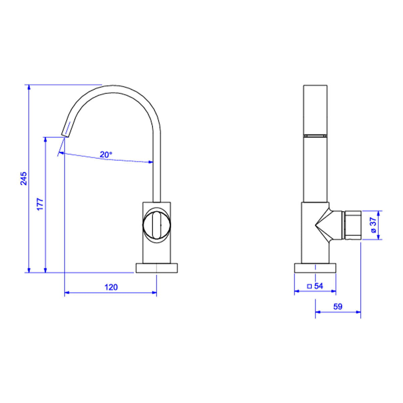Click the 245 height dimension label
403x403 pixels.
24,178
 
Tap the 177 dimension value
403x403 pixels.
40,204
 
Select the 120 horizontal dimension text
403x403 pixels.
111,287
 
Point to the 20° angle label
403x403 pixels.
106,154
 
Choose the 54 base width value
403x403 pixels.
319,286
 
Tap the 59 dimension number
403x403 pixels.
338,306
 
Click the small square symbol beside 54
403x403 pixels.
310,286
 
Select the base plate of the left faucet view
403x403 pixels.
156,268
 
